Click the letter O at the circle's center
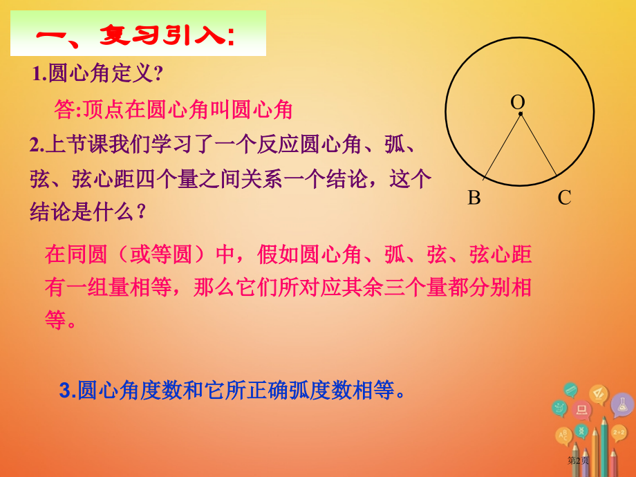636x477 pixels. (517, 102)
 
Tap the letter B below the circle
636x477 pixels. (474, 198)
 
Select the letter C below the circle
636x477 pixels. (564, 198)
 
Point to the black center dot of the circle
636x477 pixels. (521, 114)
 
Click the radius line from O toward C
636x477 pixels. (539, 145)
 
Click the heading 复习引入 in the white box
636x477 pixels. (166, 35)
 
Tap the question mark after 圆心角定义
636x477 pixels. (158, 73)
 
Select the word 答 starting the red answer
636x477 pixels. (64, 109)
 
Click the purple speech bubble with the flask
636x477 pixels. (621, 405)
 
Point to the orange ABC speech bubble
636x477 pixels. (564, 436)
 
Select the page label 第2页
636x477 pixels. (578, 460)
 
